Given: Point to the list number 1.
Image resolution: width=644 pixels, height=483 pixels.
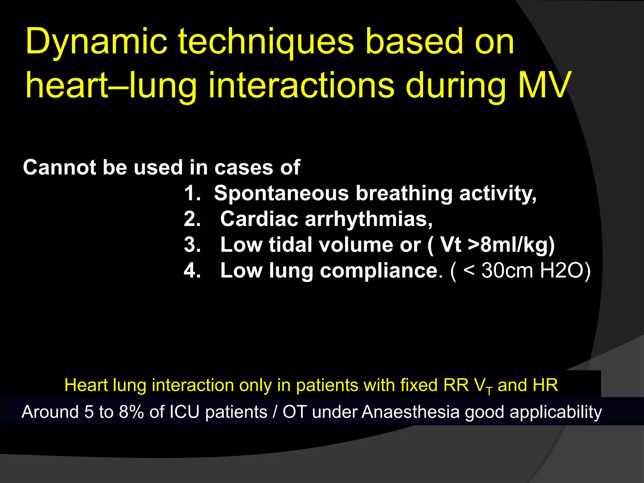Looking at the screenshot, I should pyautogui.click(x=192, y=193).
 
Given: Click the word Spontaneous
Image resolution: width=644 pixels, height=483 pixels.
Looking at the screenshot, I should pyautogui.click(x=281, y=193).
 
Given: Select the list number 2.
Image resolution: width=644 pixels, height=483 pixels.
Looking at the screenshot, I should pyautogui.click(x=192, y=219).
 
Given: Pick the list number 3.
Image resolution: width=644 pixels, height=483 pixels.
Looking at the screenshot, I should pyautogui.click(x=192, y=245).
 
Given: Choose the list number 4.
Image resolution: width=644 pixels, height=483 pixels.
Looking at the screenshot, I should pyautogui.click(x=192, y=270).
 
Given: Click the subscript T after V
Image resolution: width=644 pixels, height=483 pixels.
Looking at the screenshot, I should pyautogui.click(x=489, y=391).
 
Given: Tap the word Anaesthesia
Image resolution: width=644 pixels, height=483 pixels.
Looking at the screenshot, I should pyautogui.click(x=411, y=412).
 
